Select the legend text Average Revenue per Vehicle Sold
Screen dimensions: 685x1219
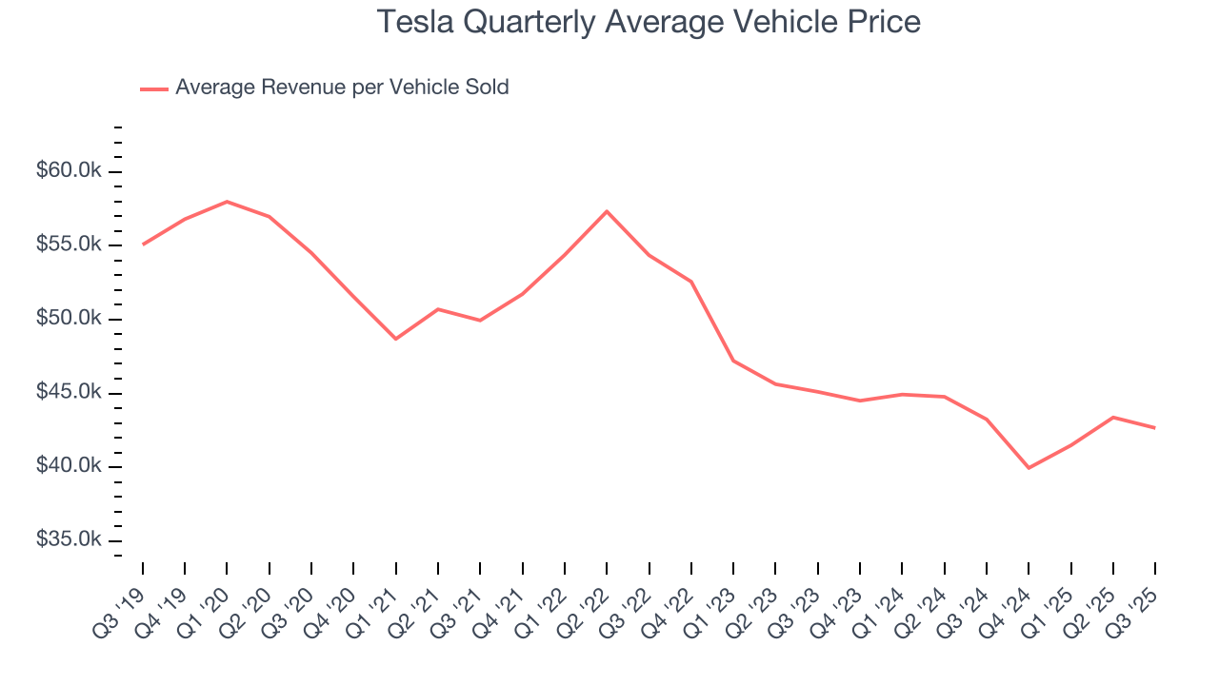point(342,88)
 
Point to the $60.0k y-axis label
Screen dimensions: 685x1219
point(68,171)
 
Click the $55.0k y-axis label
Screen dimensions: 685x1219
point(68,245)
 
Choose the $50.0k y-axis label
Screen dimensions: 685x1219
point(68,319)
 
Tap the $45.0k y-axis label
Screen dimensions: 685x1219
point(68,393)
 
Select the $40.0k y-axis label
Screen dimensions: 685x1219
point(68,466)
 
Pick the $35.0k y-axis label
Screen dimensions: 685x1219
point(68,539)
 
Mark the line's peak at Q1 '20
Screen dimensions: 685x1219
point(227,202)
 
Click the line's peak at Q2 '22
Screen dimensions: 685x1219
point(607,211)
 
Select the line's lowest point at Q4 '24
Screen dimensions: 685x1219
point(1029,468)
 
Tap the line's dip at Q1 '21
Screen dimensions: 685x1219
point(395,339)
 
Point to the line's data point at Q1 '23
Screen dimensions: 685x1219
point(733,361)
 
